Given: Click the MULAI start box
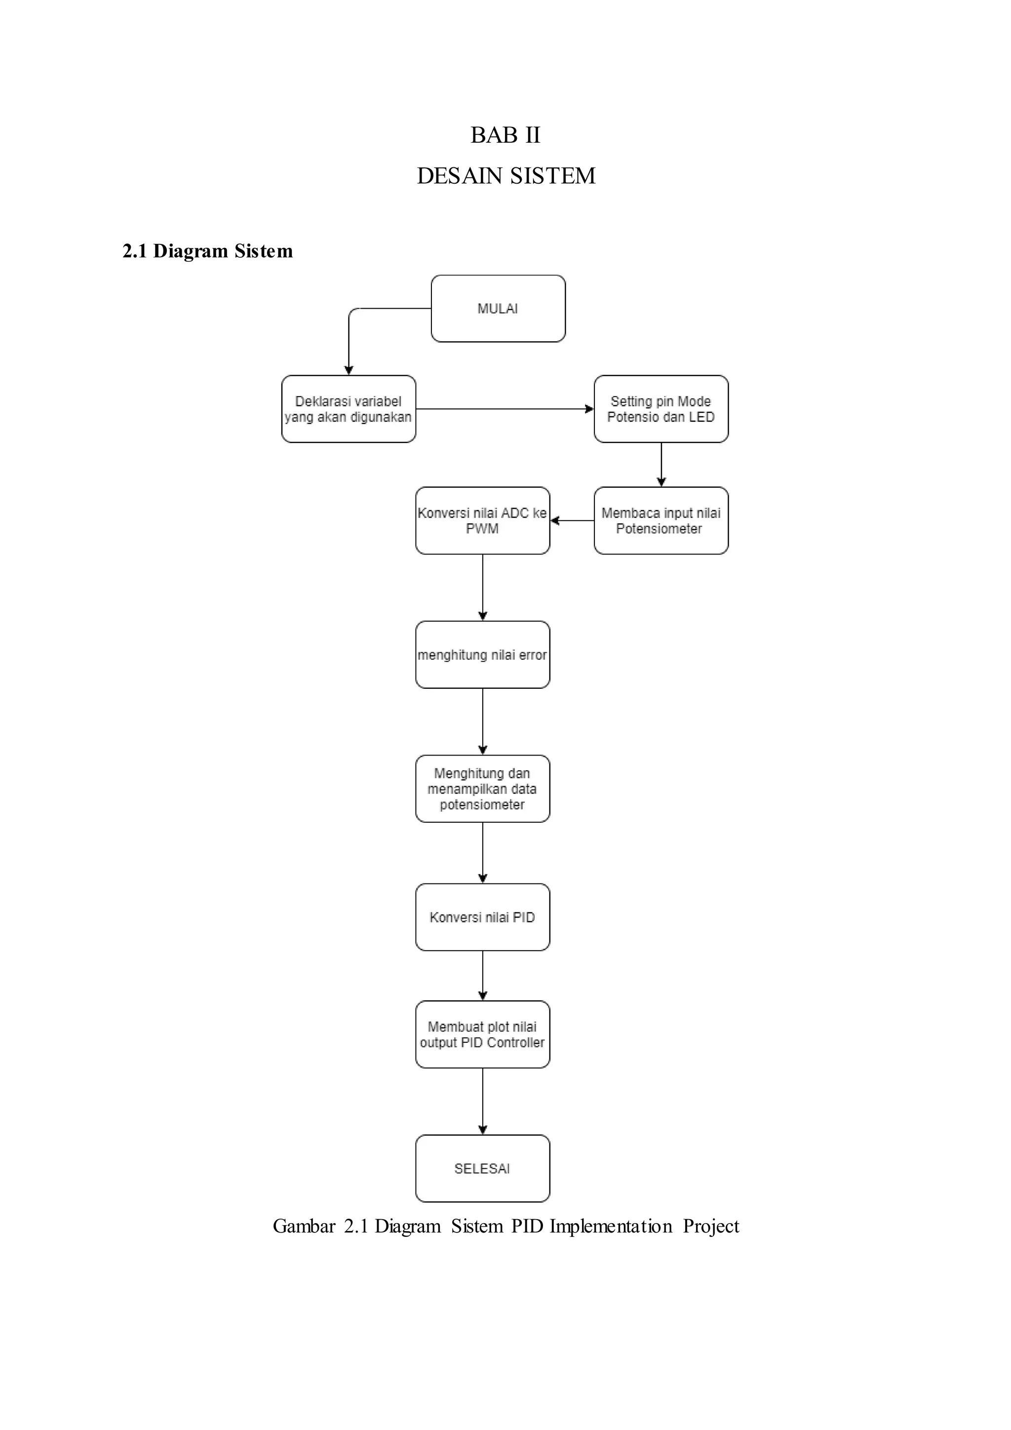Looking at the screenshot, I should pos(498,308).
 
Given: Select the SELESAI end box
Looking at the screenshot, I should pos(482,1168).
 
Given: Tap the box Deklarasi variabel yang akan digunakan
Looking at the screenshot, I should pos(349,409).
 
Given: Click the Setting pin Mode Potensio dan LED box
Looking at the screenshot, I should pos(661,409).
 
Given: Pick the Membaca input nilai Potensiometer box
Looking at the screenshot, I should pos(661,520).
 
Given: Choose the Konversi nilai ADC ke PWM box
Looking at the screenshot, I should pos(482,520).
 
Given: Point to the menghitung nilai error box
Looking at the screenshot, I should pos(482,655).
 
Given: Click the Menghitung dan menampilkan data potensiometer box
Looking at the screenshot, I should pos(482,789).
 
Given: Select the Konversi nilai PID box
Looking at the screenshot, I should pos(482,917).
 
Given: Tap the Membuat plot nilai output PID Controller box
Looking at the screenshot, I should pos(482,1034).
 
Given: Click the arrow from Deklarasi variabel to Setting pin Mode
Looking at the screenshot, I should pos(504,409).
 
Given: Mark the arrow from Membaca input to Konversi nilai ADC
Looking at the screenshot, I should pos(572,520).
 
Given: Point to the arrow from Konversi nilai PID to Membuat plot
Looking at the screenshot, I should pos(482,975).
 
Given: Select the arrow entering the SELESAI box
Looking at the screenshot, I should pos(482,1101).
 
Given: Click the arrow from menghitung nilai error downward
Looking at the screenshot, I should pos(482,721).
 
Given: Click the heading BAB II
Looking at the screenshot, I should pos(505,135).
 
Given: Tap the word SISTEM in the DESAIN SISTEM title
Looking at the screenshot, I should pos(553,176).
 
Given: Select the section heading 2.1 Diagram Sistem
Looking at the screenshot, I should pos(207,251).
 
